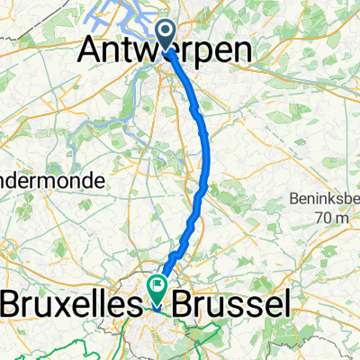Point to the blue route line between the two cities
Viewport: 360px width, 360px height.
click(x=205, y=162)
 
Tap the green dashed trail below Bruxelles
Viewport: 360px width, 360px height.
click(x=54, y=346)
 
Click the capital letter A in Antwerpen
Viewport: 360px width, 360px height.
click(x=96, y=50)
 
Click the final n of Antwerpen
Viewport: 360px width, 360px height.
click(x=239, y=50)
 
